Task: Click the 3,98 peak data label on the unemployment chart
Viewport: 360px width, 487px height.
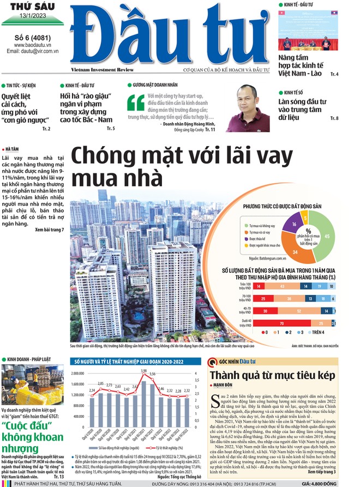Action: (143, 371)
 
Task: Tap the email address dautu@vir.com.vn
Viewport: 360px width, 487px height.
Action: (33, 51)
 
